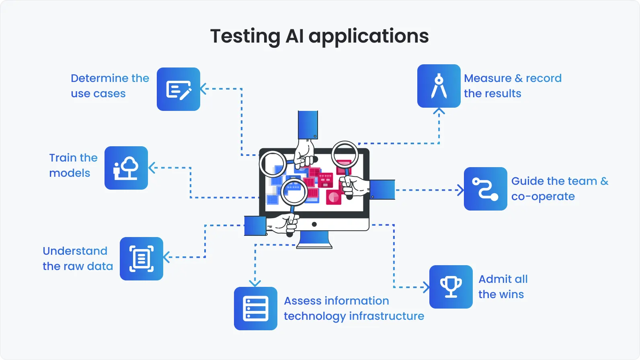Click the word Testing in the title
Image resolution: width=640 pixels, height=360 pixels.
click(245, 37)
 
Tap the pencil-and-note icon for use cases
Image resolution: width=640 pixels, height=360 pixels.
click(178, 89)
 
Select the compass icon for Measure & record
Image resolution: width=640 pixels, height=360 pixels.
click(439, 86)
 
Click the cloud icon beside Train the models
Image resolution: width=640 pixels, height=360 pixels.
click(126, 168)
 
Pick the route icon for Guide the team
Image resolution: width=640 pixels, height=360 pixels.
click(486, 189)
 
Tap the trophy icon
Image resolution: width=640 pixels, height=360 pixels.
click(451, 287)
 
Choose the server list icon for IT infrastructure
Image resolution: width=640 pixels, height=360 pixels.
click(256, 309)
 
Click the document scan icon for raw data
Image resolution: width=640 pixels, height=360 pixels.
click(142, 259)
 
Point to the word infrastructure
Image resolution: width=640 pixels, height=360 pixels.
click(386, 316)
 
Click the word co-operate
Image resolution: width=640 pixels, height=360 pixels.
click(543, 196)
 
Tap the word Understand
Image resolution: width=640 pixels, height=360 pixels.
click(75, 251)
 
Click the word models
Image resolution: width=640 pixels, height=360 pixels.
click(70, 173)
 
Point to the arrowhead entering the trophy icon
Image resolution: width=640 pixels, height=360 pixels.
click(427, 287)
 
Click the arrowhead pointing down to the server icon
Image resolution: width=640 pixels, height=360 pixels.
click(255, 283)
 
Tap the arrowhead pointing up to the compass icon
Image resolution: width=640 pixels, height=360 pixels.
click(439, 111)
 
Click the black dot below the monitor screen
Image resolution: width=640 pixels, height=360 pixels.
click(314, 224)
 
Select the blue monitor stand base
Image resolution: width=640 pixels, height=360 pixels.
click(314, 241)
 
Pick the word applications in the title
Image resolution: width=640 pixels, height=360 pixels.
click(369, 37)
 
